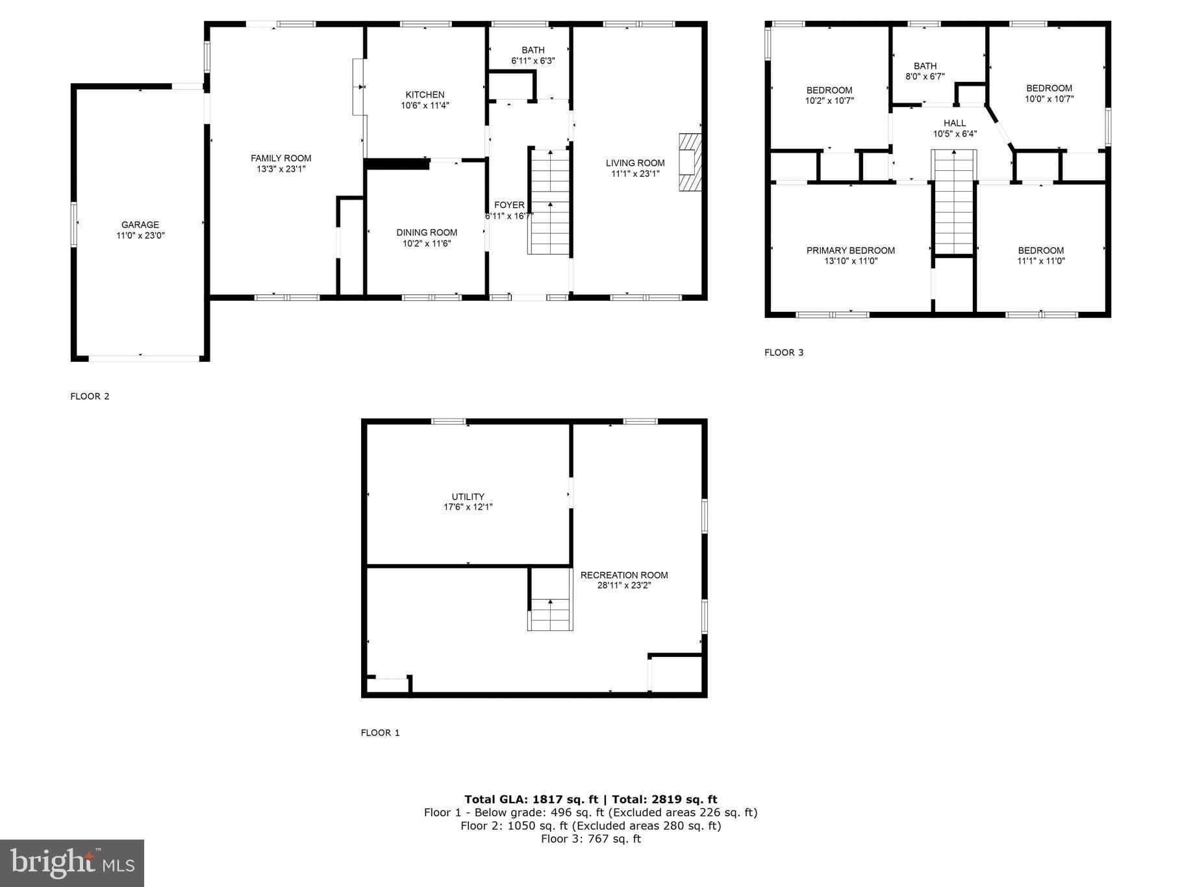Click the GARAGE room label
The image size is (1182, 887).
(140, 225)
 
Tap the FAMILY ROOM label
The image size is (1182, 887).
(281, 158)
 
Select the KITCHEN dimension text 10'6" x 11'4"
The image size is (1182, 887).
(425, 105)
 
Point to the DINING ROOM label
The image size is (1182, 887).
(427, 232)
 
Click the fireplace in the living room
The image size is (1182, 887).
(690, 162)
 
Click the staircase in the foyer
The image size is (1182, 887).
(550, 201)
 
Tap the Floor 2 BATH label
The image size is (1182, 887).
(533, 50)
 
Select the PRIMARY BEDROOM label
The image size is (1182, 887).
(850, 250)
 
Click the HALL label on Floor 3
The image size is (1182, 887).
(954, 123)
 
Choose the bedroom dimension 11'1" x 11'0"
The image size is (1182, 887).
(1040, 261)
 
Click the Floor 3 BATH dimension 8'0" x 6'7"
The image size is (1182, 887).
(925, 77)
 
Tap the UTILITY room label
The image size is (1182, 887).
(468, 496)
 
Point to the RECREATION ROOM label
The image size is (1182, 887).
(623, 574)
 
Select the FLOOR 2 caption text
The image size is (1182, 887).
(90, 396)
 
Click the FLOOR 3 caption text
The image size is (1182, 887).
(783, 353)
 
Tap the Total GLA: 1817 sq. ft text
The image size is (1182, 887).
(530, 799)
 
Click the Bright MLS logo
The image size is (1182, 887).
(72, 863)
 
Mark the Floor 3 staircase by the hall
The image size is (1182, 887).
(953, 201)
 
